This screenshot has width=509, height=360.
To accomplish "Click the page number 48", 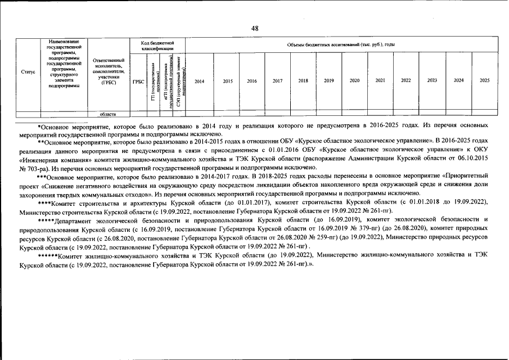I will coord(254,29).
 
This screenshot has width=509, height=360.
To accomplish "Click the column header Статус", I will coord(28,73).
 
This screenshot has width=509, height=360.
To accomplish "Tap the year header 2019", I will coord(328,81).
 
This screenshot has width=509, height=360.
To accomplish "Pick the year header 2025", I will coord(484,81).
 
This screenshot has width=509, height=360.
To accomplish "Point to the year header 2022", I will coord(406,81).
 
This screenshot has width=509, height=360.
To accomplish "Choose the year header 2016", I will coord(251,81).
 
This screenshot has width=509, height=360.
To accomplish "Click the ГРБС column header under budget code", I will coord(138,82).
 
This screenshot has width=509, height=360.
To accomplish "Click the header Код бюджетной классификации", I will coord(157,46).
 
